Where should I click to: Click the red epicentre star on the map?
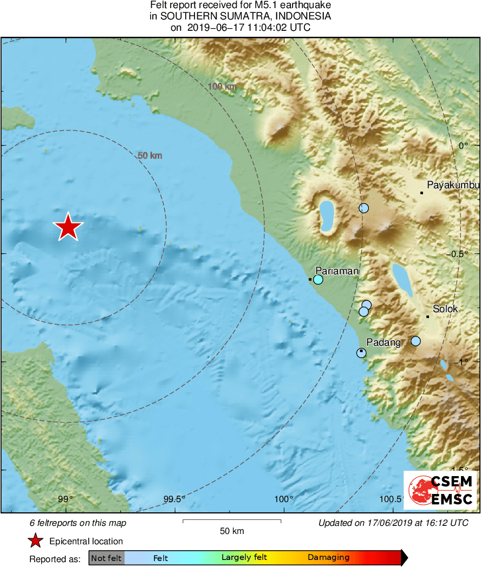tap(68, 227)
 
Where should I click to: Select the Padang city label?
tap(383, 342)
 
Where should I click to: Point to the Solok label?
tap(445, 309)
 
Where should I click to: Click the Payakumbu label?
tap(453, 186)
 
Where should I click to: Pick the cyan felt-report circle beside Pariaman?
tap(318, 280)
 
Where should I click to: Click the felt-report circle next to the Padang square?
tap(361, 353)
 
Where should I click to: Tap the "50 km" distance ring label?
tap(150, 156)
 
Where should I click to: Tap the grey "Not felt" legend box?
tap(107, 558)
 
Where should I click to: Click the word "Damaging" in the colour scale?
tap(328, 557)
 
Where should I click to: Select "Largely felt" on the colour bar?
tap(244, 557)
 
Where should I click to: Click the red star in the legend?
tap(36, 541)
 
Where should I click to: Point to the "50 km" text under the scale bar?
tap(232, 531)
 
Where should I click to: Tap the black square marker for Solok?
tap(428, 317)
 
